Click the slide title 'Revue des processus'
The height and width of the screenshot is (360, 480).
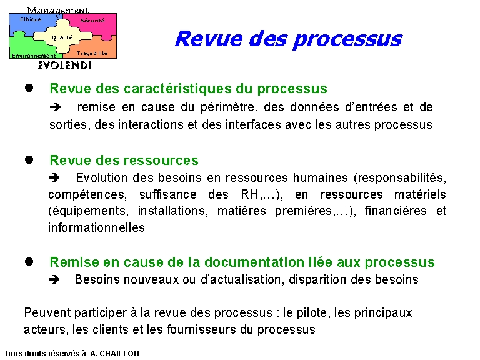288,39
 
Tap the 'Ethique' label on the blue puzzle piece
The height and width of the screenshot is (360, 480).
31,19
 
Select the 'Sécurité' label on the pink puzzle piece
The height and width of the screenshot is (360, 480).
92,21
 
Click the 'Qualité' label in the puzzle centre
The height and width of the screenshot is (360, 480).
62,37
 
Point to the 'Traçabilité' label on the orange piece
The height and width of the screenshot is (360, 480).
92,53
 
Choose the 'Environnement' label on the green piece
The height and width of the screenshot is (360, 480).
34,56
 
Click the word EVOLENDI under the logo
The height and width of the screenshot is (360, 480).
65,66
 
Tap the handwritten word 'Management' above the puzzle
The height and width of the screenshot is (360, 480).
57,11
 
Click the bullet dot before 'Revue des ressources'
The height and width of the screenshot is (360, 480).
29,159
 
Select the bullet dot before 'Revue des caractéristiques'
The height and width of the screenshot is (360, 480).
29,88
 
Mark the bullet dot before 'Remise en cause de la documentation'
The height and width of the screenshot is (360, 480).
29,261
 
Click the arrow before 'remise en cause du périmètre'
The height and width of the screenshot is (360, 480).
55,107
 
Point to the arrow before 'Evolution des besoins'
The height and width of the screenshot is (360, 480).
54,177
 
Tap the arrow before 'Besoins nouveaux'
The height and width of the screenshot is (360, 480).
54,279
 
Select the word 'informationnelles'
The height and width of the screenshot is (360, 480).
96,227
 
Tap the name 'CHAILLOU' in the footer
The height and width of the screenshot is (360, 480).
119,354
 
